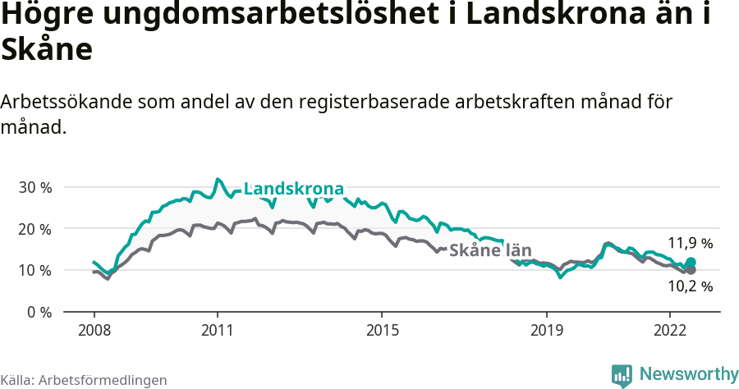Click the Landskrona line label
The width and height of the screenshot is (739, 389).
(x=293, y=188)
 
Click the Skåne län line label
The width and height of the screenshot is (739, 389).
(x=490, y=250)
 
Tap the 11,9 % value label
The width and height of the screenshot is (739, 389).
(x=690, y=244)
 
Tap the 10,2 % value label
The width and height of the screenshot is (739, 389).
(x=690, y=286)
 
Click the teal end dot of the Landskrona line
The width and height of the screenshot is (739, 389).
(x=691, y=263)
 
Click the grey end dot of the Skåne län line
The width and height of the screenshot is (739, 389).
(x=691, y=270)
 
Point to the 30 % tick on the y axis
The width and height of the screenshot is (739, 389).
(x=35, y=187)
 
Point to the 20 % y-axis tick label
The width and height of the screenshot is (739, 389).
(x=35, y=229)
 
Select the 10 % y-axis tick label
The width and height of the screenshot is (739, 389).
(x=35, y=271)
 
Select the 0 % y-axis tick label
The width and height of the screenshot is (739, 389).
(x=39, y=313)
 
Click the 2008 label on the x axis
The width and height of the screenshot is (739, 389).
(x=94, y=330)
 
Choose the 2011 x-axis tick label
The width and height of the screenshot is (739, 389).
(x=217, y=330)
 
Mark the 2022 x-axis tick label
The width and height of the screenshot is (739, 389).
(x=669, y=330)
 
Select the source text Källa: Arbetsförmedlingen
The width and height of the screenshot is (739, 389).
(x=84, y=380)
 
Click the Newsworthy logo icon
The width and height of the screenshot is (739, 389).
(x=622, y=375)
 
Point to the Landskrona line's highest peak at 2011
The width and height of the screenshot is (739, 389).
(x=218, y=179)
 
